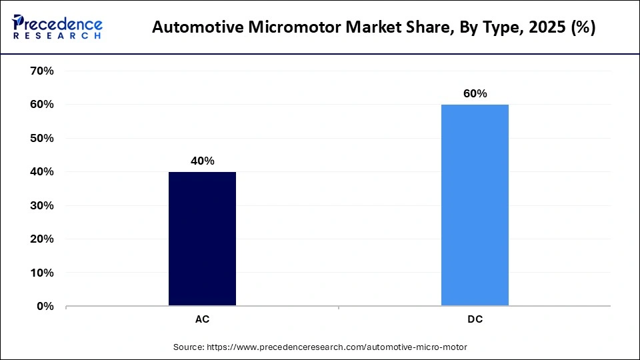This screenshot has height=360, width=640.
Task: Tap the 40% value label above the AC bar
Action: [202, 161]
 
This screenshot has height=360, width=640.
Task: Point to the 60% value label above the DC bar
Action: [475, 94]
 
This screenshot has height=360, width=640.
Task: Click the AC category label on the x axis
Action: [202, 319]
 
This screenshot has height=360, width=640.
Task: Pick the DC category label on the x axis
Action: [475, 319]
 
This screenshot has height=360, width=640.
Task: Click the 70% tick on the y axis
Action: [41, 71]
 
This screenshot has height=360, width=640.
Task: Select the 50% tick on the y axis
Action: [41, 138]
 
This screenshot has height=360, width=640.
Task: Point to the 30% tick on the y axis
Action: [41, 205]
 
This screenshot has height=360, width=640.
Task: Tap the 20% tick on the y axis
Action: [41, 239]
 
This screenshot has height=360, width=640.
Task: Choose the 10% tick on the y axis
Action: [41, 273]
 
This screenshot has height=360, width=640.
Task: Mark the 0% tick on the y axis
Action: [45, 307]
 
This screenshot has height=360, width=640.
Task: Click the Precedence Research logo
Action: [57, 27]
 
